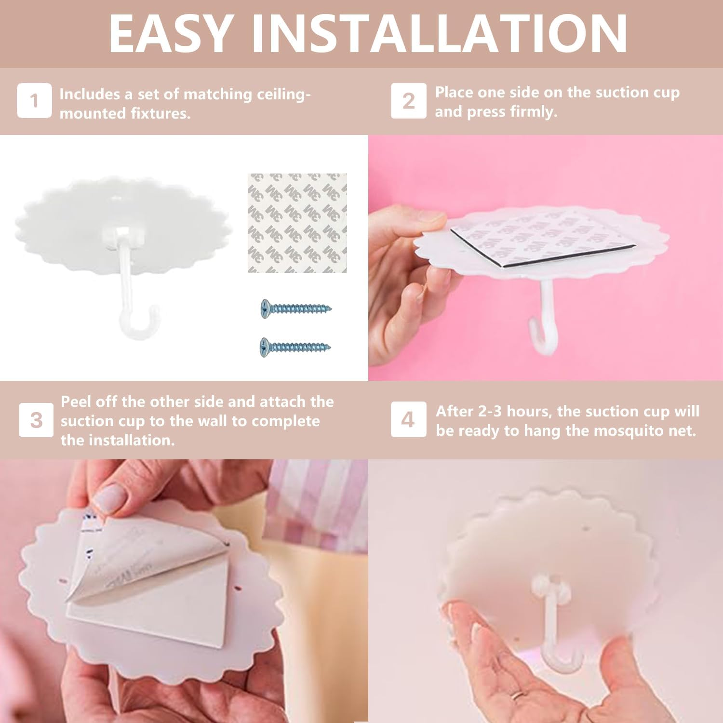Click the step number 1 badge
(34, 100)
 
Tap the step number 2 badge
(408, 100)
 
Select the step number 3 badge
(36, 420)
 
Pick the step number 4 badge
(408, 419)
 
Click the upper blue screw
(295, 308)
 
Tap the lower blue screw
(295, 347)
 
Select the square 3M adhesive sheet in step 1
(297, 223)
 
